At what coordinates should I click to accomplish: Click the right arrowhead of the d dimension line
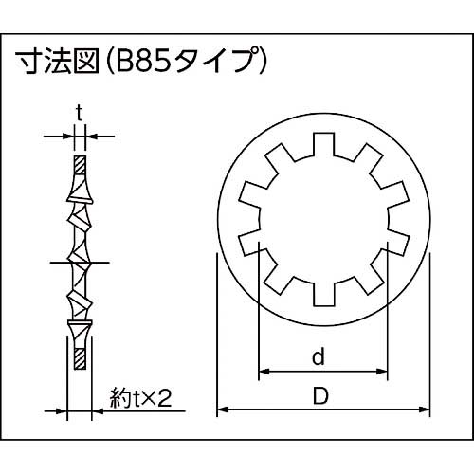pyautogui.click(x=384, y=370)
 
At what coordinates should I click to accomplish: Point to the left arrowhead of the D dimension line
pyautogui.click(x=222, y=410)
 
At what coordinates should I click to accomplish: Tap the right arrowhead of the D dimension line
pyautogui.click(x=423, y=410)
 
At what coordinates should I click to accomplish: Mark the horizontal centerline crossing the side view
pyautogui.click(x=79, y=262)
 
